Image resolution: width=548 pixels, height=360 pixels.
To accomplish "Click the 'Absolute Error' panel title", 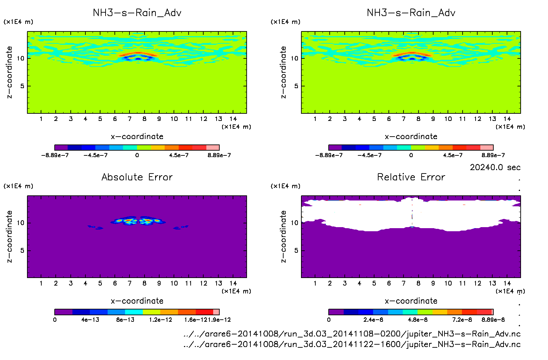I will click(x=137, y=177).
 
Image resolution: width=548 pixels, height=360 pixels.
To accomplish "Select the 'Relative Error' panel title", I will click(x=411, y=177).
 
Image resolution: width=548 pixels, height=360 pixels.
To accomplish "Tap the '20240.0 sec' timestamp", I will click(x=495, y=167).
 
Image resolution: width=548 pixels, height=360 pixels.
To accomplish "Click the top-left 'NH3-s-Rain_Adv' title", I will click(x=137, y=13).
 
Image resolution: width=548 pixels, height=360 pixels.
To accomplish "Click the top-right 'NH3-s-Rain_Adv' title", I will click(x=411, y=13).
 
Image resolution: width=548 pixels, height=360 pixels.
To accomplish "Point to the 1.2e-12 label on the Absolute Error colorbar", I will click(x=161, y=320).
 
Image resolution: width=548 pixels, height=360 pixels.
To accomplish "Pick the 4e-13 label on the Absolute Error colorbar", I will click(x=90, y=320).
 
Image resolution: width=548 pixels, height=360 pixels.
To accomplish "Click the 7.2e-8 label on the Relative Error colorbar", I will click(x=462, y=320).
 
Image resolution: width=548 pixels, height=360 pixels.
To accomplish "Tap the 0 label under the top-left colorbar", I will click(x=137, y=155).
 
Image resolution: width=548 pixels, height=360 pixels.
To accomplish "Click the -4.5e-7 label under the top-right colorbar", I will click(x=370, y=155).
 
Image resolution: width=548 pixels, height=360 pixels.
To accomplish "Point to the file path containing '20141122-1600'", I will click(x=352, y=344).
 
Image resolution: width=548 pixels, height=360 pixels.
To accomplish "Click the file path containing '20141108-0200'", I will click(x=352, y=334).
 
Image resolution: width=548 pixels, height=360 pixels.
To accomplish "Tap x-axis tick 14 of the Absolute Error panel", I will click(x=233, y=283).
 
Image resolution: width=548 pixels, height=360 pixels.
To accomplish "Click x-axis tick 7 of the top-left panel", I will click(x=129, y=119).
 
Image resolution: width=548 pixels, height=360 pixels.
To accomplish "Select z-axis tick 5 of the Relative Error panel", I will click(x=296, y=251).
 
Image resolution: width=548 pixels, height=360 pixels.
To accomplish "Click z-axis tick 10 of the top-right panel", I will click(x=294, y=58).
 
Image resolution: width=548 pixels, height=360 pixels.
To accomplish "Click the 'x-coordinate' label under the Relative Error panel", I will click(x=411, y=301).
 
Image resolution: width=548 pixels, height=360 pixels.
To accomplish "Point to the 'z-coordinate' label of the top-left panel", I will click(x=10, y=72).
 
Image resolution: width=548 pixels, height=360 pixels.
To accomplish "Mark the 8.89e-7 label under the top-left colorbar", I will click(x=219, y=155).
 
